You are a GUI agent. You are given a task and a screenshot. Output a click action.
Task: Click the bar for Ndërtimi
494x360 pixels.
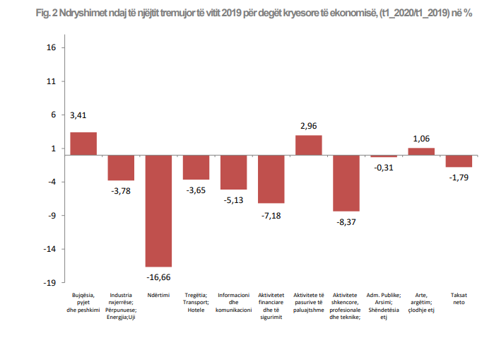tap(158, 211)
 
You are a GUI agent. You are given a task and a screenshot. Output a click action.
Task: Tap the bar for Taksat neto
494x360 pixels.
tap(459, 161)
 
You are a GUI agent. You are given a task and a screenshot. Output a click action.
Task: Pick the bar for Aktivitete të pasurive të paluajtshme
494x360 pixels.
tap(308, 145)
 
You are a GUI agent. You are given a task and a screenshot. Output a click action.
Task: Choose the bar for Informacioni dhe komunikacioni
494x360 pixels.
tap(233, 173)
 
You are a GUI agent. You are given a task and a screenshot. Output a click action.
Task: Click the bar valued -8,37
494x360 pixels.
tap(346, 183)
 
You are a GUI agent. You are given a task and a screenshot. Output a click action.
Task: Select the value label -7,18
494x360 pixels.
tap(271, 214)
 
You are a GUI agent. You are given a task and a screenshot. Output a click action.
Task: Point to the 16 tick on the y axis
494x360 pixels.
tap(51, 48)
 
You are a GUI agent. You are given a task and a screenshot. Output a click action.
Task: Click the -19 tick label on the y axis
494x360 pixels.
tap(49, 283)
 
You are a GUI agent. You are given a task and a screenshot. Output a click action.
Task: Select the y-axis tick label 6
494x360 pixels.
tap(53, 115)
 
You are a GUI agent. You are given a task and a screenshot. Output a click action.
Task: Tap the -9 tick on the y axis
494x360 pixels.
tap(51, 216)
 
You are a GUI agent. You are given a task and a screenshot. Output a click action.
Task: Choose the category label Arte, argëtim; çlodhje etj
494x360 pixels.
tap(421, 302)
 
